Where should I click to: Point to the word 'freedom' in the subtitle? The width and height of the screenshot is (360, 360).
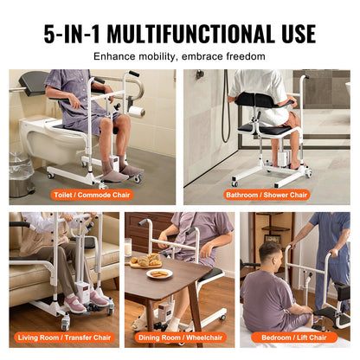pos(244,58)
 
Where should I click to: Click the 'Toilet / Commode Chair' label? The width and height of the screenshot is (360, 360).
pos(92,196)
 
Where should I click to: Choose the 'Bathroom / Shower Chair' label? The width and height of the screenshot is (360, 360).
pos(270,196)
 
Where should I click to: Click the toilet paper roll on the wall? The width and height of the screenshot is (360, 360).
pos(136,112)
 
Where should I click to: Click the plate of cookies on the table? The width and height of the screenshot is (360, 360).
pos(159,274)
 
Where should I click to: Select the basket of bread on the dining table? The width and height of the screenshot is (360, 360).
pos(144,259)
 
